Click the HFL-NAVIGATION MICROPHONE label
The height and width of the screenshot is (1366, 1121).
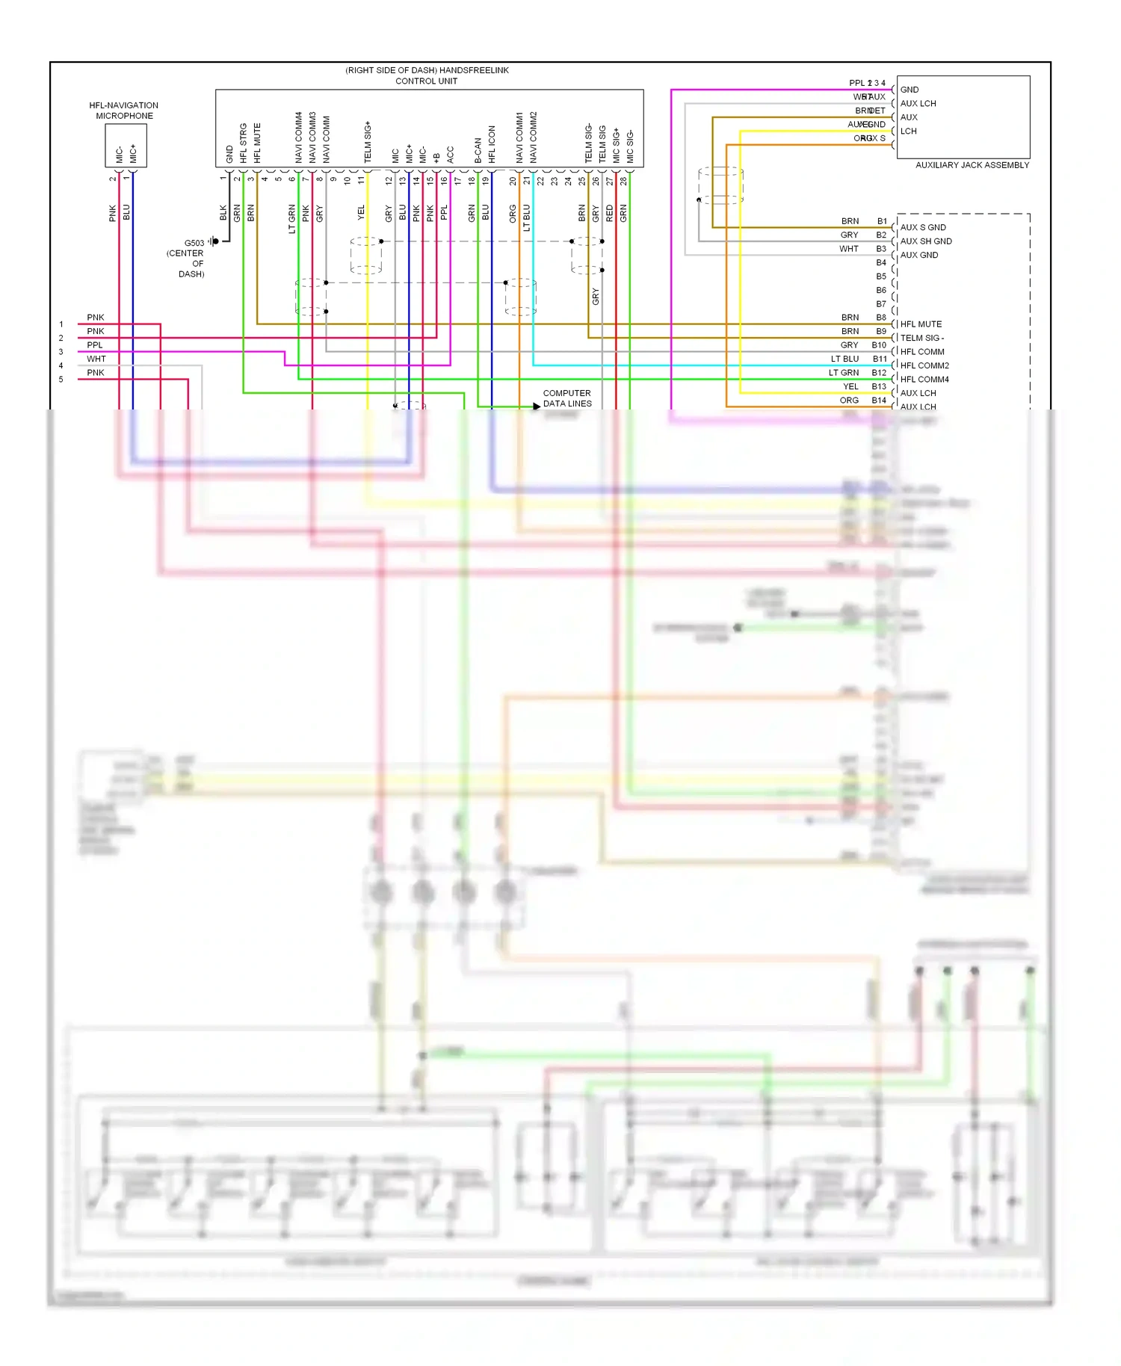coord(124,111)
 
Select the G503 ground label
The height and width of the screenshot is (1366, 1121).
coord(194,243)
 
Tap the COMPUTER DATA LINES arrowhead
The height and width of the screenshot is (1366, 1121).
coord(537,406)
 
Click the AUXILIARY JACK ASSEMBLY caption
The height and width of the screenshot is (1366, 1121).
coord(972,165)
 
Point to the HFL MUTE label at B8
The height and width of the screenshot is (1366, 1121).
coord(921,324)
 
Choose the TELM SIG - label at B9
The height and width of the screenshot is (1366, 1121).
coord(921,338)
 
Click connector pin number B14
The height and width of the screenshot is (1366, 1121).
coord(879,401)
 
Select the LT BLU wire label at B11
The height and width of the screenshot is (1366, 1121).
coord(844,359)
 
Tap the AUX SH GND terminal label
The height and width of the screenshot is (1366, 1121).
coord(926,241)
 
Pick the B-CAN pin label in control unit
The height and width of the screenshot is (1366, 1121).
coord(478,150)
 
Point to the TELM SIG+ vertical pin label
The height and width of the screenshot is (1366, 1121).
coord(368,142)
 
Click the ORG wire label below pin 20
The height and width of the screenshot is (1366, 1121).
coord(513,214)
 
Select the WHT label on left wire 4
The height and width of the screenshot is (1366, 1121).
coord(96,359)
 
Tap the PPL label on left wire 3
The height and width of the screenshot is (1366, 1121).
coord(95,345)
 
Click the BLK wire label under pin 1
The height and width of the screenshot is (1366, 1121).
coord(223,213)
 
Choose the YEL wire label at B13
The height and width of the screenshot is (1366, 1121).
coord(850,386)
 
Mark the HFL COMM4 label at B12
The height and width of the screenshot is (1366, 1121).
coord(924,380)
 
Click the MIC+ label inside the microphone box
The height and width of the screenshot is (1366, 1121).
coord(133,153)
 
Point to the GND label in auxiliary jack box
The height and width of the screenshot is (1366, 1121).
coord(910,90)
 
